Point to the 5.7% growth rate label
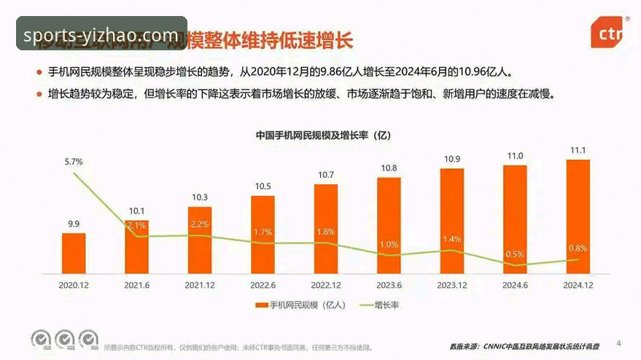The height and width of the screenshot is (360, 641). coord(74,161)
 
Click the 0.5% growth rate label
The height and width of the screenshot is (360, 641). coord(515,254)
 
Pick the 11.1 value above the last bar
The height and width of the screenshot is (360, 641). coord(578,150)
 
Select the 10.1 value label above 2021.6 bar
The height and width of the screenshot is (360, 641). coord(136,211)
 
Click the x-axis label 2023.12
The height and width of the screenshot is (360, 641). coord(451,285)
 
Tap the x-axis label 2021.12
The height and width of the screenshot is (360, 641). coord(199,285)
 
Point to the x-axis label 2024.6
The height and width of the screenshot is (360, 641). coord(515,285)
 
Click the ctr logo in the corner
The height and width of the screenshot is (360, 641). coord(610,33)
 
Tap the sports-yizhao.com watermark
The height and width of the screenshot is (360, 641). coord(101,34)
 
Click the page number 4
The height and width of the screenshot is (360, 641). coord(619,342)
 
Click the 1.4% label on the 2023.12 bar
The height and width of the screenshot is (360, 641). coord(452,239)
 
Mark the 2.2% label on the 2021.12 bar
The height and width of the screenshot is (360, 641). coord(200,224)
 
